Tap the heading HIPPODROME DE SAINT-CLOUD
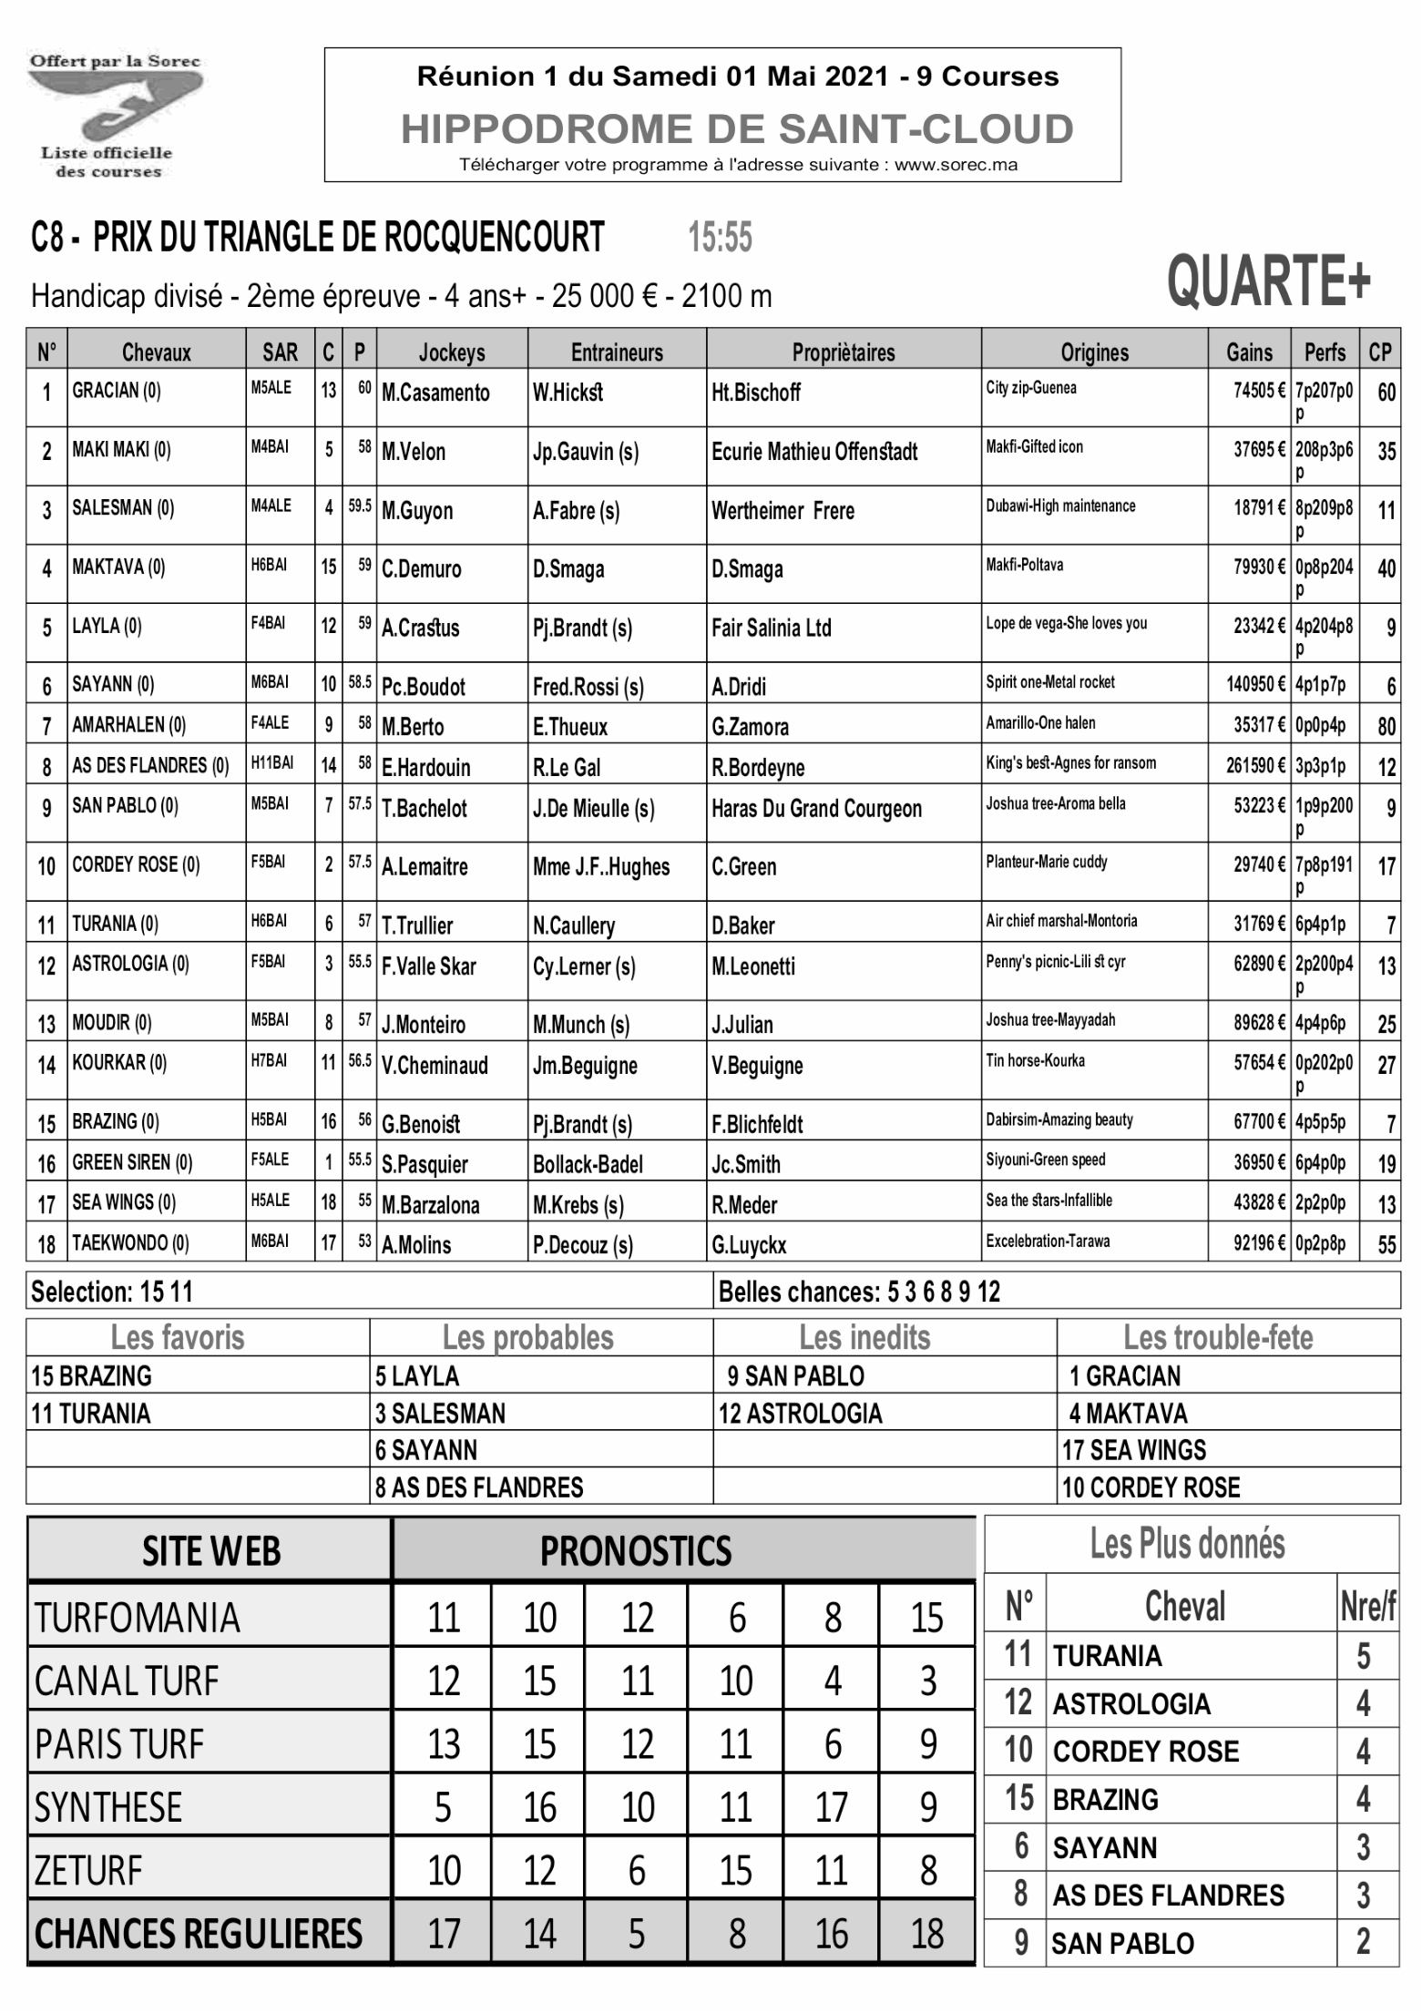tap(737, 129)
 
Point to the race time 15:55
tap(720, 239)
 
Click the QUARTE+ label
tap(1268, 281)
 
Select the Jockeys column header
tap(452, 353)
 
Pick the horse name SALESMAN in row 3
tap(112, 508)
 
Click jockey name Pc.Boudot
tap(423, 687)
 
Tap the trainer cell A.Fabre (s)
tap(576, 511)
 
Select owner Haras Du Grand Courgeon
tap(816, 809)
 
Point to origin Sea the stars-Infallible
tap(1049, 1201)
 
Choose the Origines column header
tap(1094, 353)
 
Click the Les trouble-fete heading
tap(1218, 1338)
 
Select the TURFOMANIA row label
tap(138, 1619)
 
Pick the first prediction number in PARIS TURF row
tap(444, 1745)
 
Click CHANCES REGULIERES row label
tap(199, 1934)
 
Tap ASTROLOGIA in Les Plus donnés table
tap(1130, 1704)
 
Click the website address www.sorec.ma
tap(956, 166)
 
